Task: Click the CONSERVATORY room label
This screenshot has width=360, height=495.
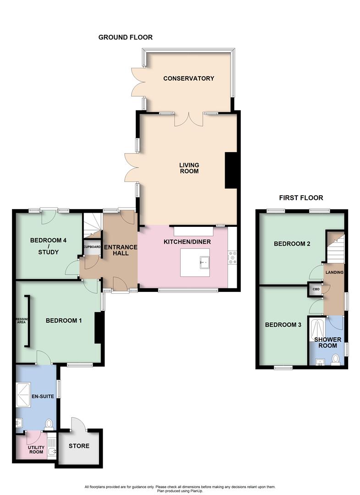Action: (188, 78)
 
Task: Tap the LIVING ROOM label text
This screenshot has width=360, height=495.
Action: (188, 168)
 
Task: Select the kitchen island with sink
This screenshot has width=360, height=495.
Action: (195, 263)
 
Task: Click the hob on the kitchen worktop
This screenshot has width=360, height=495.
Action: (232, 258)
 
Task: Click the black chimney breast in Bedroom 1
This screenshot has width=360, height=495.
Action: (98, 328)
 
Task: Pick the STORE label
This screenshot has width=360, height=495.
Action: (79, 445)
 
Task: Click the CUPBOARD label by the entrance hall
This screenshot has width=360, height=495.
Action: (92, 247)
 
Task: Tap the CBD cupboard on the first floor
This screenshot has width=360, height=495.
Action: (316, 289)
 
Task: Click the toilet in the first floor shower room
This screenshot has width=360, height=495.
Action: (336, 359)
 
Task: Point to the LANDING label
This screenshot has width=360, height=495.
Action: (334, 272)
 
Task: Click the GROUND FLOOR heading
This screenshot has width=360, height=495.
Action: (125, 37)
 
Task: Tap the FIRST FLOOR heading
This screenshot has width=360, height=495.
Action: (301, 198)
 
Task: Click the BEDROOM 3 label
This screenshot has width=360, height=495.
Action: (283, 325)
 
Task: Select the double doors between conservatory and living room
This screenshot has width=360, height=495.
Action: (188, 119)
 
